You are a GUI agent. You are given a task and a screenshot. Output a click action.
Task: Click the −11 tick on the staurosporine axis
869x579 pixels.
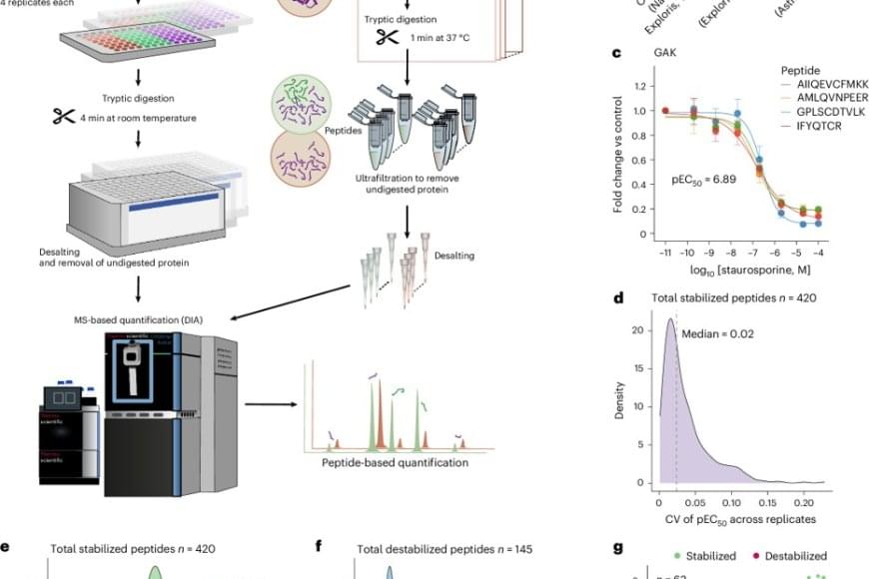(664, 254)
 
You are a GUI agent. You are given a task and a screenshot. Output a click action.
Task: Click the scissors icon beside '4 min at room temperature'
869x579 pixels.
(63, 118)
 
